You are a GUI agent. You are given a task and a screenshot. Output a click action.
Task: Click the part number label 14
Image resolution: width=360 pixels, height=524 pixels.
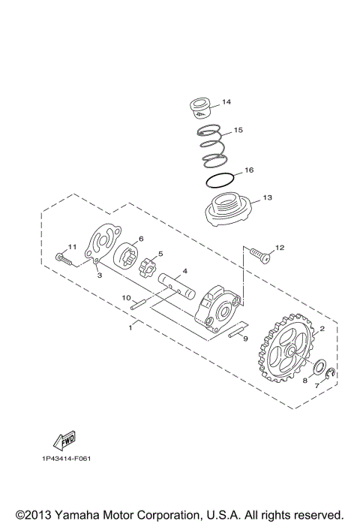(x=227, y=101)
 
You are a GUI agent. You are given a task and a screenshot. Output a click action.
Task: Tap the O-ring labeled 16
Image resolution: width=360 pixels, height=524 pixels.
(x=218, y=181)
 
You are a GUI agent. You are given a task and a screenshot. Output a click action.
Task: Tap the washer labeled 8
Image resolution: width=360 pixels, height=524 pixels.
(x=319, y=369)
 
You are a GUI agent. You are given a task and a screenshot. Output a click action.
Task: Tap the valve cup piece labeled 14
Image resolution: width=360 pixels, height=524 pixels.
(x=201, y=106)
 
